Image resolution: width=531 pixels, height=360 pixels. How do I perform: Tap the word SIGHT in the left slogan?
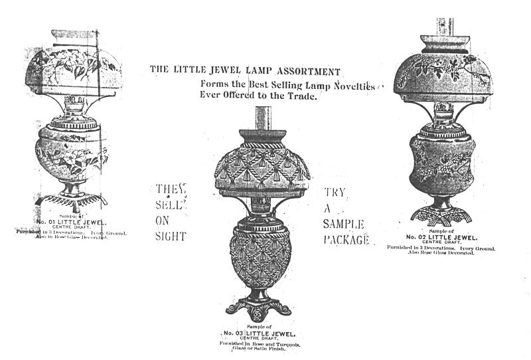tap(171, 236)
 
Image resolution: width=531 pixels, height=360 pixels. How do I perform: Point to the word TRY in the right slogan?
tap(335, 192)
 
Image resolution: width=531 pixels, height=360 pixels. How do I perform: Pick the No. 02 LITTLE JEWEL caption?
tap(439, 236)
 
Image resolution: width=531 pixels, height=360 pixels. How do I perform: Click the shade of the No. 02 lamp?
tap(442, 76)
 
